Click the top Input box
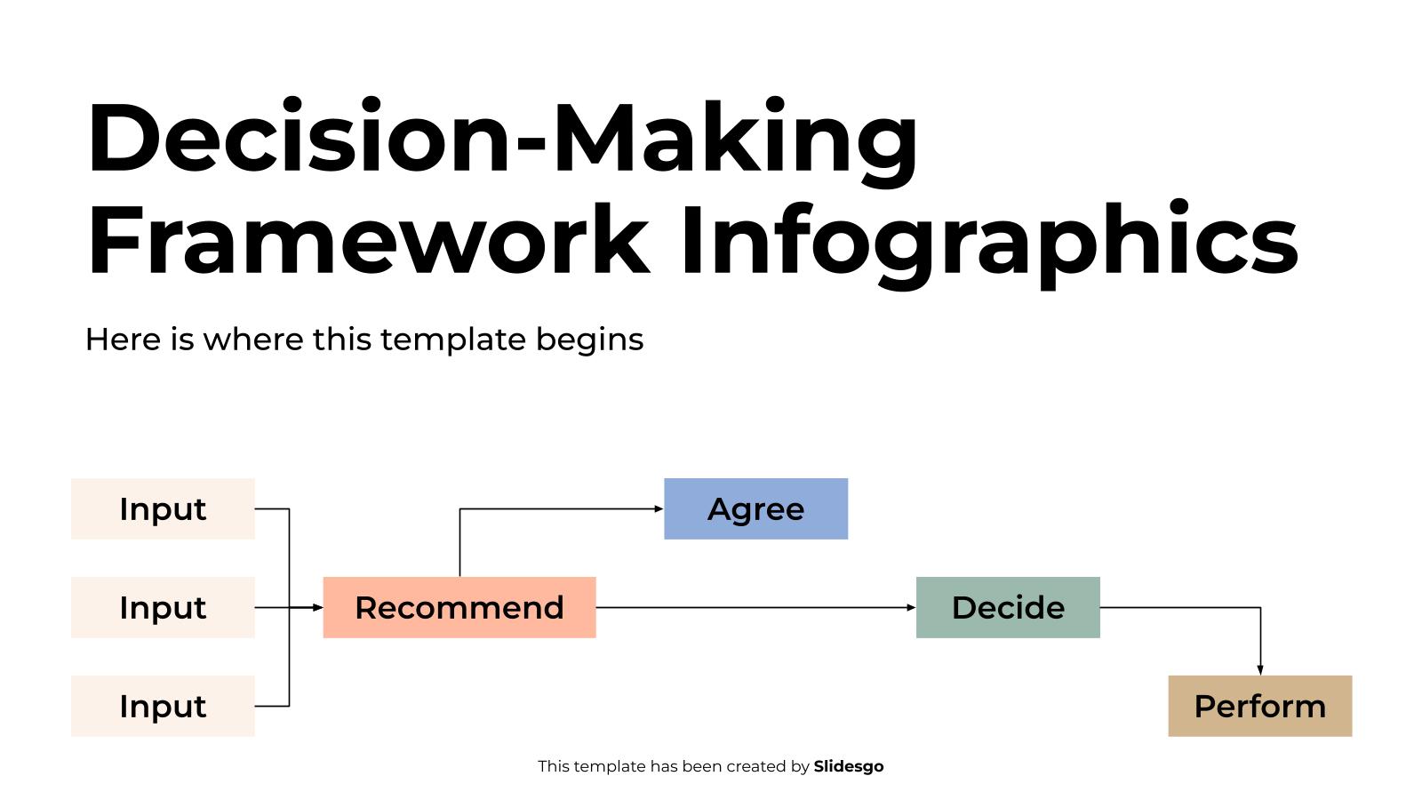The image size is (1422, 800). [164, 509]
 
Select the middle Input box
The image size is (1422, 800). [164, 608]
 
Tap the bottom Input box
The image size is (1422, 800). [164, 707]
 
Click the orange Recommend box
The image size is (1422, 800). [459, 608]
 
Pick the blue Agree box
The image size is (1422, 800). [756, 509]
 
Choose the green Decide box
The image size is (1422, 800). [1008, 608]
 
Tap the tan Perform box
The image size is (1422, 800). [1260, 707]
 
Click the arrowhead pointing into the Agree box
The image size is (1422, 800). [659, 509]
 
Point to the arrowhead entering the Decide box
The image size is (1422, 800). [911, 608]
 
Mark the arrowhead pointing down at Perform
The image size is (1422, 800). [1260, 670]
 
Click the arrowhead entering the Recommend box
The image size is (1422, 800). [318, 608]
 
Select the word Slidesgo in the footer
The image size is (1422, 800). [849, 767]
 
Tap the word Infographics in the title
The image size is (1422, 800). [990, 244]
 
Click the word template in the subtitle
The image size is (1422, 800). [453, 340]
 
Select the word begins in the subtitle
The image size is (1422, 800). [590, 340]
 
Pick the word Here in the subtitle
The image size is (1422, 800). [124, 340]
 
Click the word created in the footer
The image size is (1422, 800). [756, 766]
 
